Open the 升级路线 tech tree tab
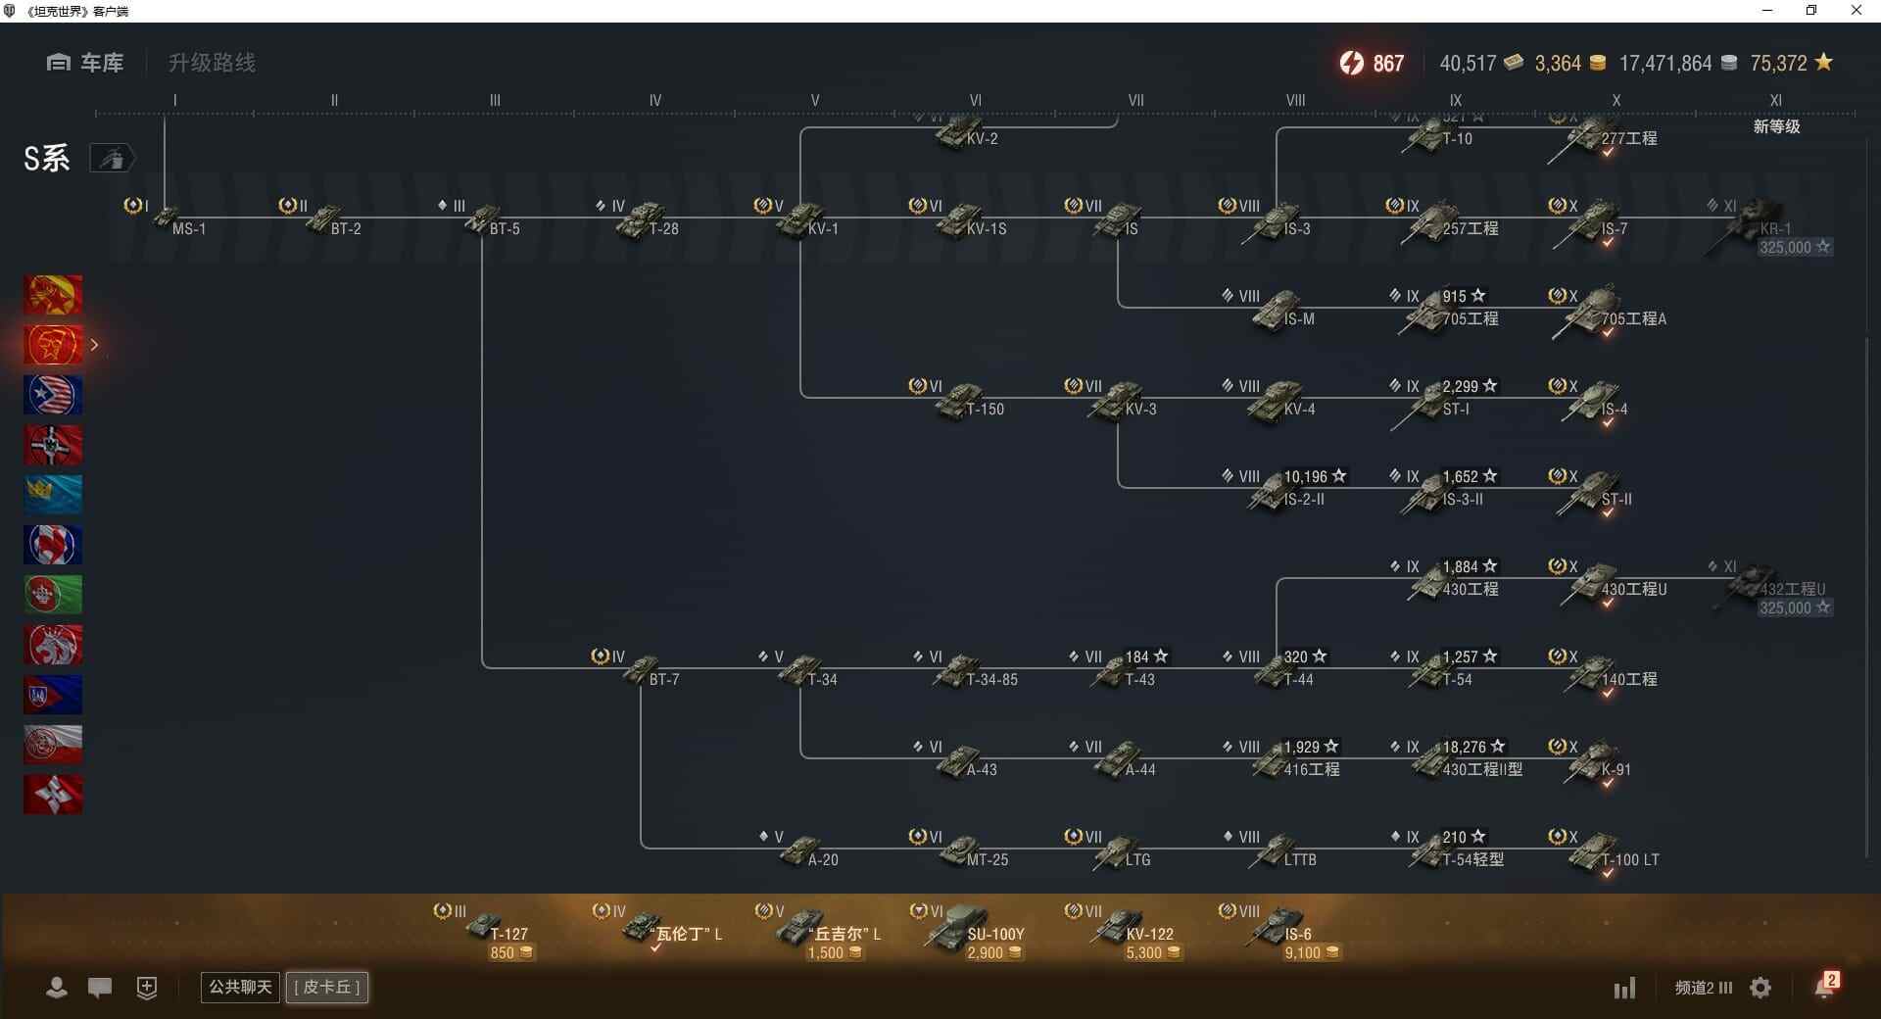click(x=212, y=63)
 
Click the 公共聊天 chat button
click(x=240, y=987)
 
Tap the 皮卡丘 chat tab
click(x=327, y=987)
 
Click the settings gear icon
click(x=1760, y=988)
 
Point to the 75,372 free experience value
click(x=1778, y=64)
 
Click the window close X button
click(x=1856, y=11)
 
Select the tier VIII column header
click(x=1295, y=100)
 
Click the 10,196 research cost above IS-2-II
click(x=1306, y=477)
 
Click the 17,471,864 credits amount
click(x=1664, y=64)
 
